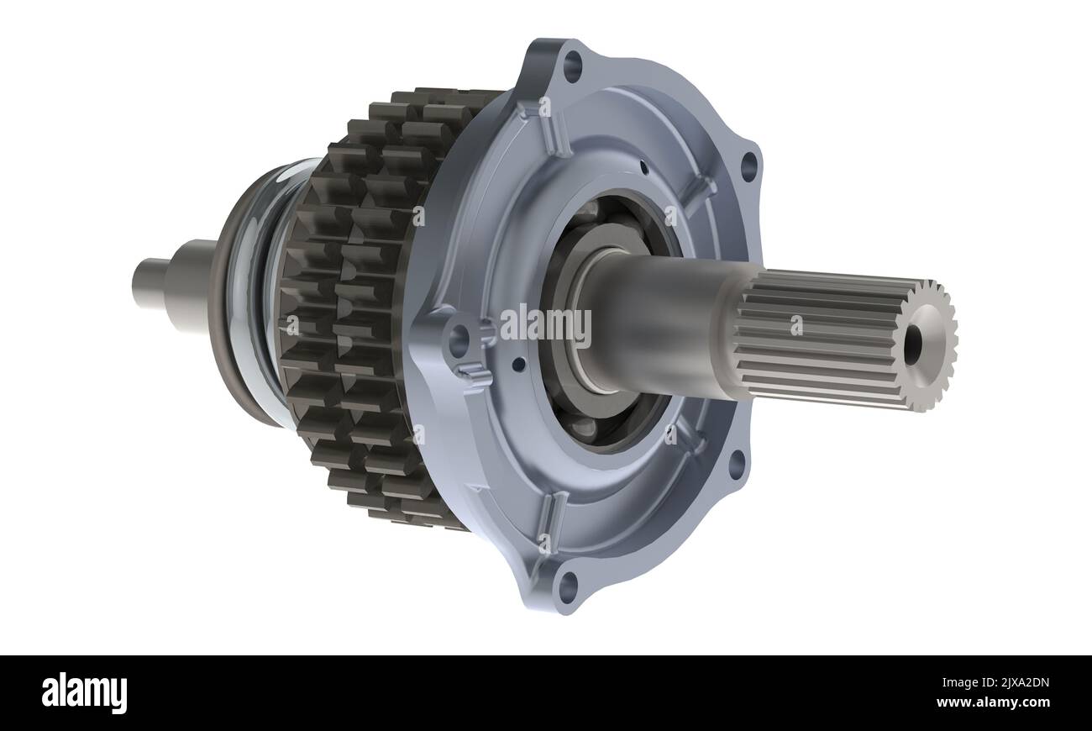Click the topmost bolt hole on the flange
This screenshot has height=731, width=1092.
(x=572, y=66)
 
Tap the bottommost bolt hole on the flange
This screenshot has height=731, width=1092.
(x=569, y=586)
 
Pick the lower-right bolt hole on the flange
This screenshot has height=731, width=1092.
(x=737, y=464)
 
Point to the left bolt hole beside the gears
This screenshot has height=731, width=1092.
(x=459, y=341)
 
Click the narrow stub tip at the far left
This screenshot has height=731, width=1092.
(x=147, y=284)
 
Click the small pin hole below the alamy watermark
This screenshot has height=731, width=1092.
(x=519, y=364)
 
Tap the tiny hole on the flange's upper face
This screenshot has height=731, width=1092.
(x=643, y=166)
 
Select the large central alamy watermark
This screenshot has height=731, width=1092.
(x=546, y=325)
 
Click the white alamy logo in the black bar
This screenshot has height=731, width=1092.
(x=84, y=693)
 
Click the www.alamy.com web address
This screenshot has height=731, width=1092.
(x=992, y=702)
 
